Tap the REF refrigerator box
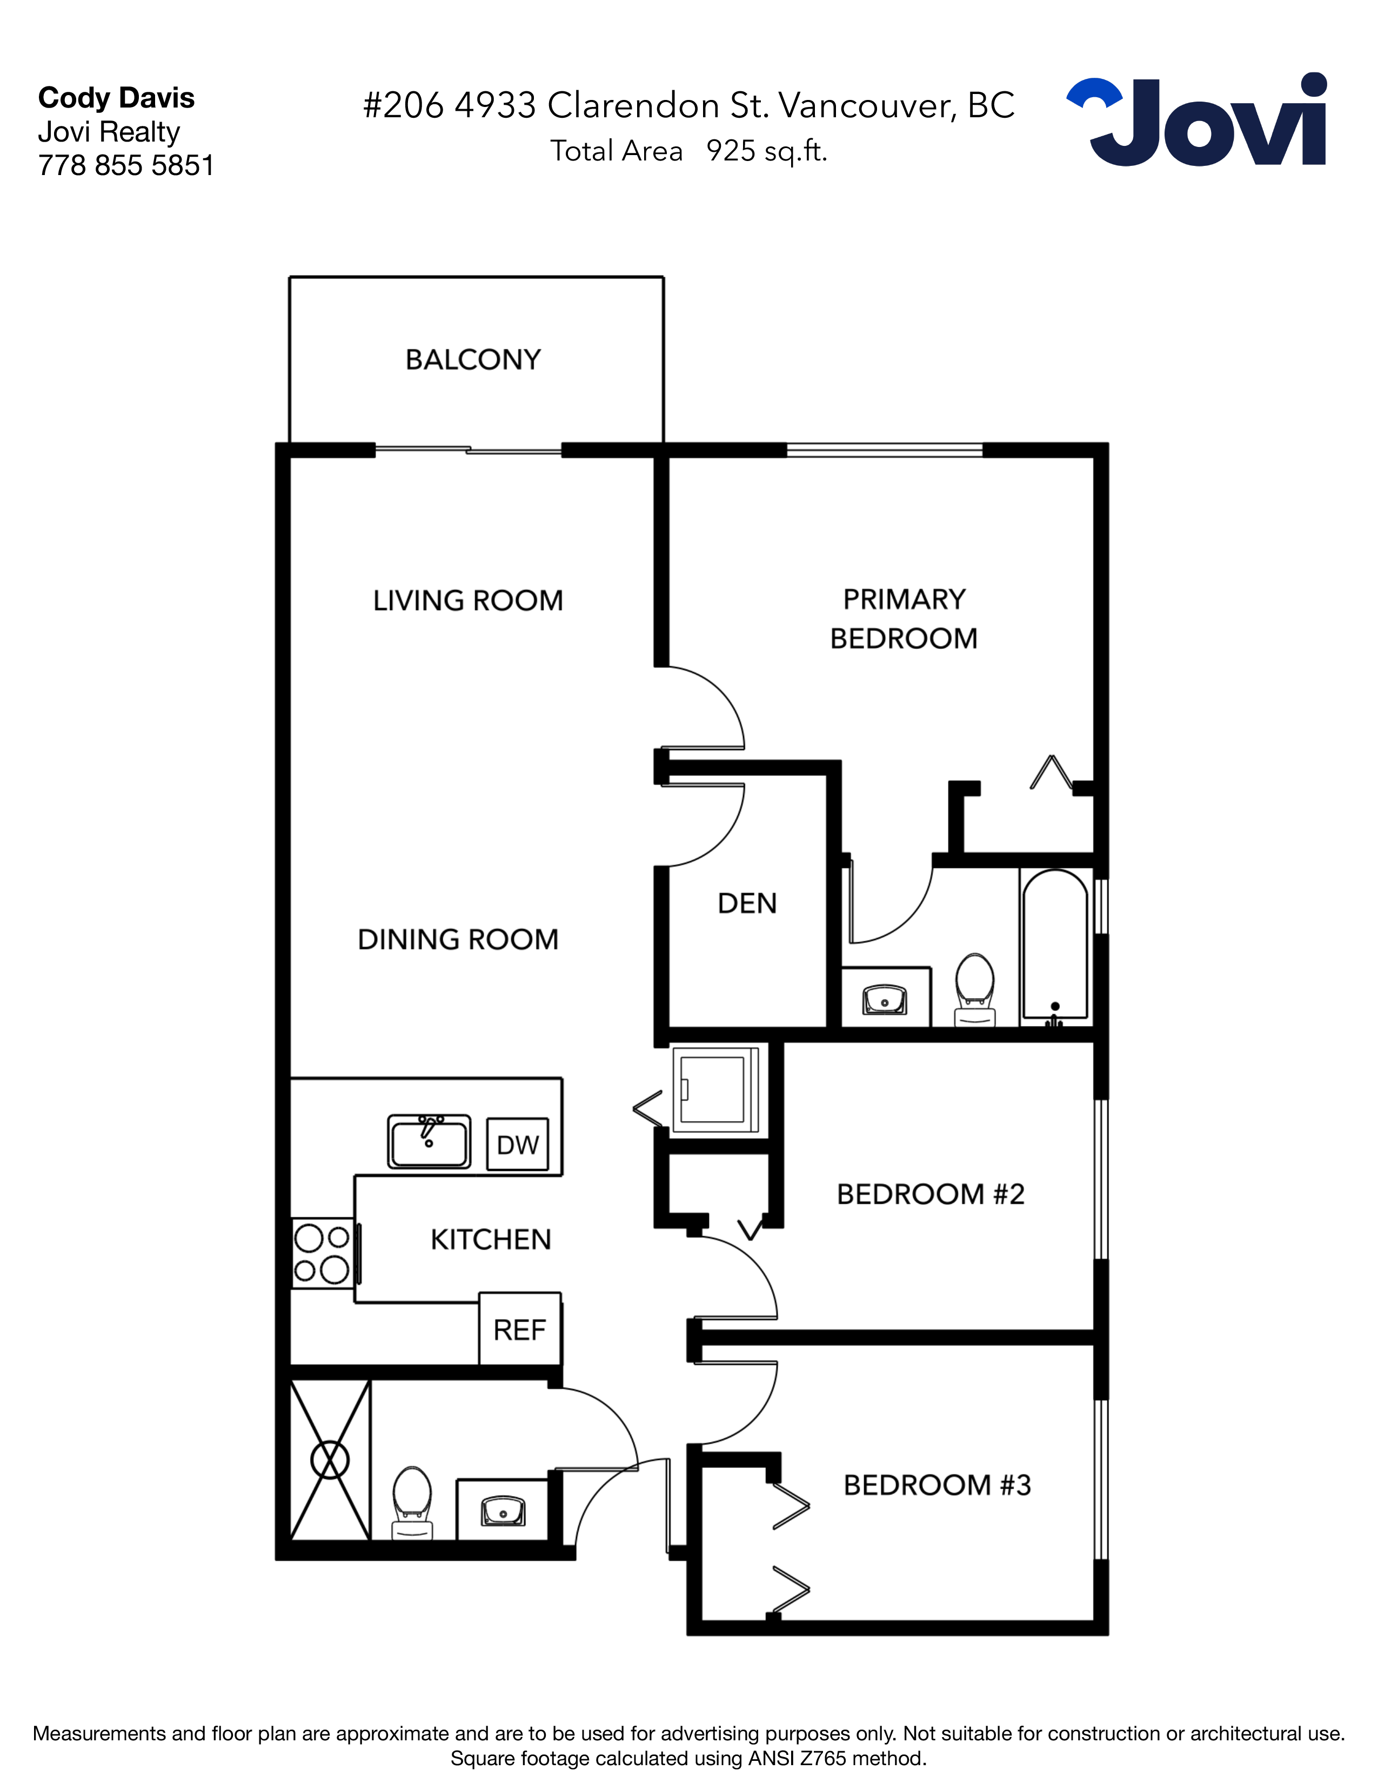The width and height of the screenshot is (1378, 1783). (x=519, y=1329)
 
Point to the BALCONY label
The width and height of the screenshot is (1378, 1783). (x=473, y=360)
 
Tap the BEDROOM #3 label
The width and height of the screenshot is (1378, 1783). (x=937, y=1485)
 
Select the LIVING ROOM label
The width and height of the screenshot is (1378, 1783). (x=468, y=601)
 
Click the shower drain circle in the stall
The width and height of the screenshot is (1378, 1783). (x=330, y=1460)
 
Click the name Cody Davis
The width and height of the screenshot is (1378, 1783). (x=116, y=98)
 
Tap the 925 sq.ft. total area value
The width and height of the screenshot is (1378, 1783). (x=767, y=151)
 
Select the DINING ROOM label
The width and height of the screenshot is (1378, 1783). (x=458, y=940)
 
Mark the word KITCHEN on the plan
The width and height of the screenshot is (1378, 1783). (x=491, y=1240)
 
